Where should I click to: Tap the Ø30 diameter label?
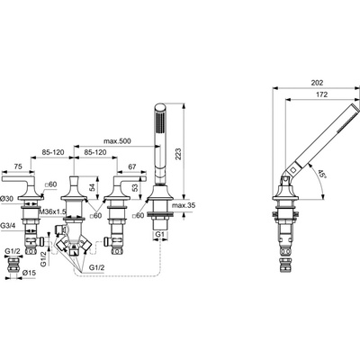(x=7, y=197)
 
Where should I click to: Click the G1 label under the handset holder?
(x=159, y=236)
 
